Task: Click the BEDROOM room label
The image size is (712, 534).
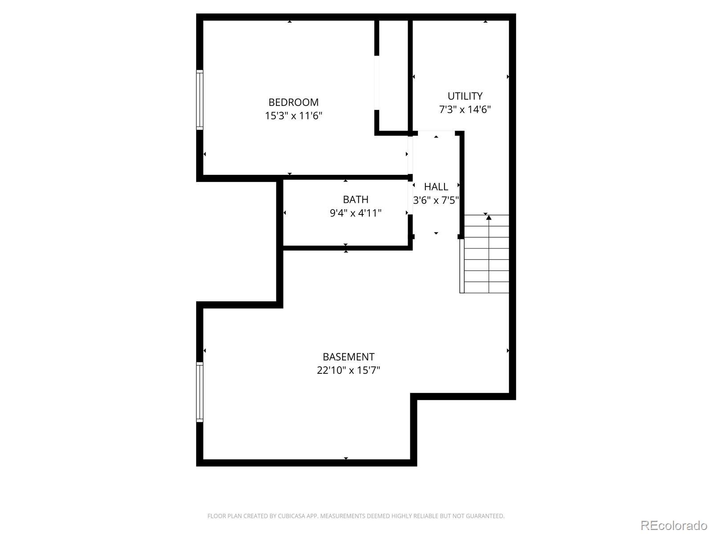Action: tap(293, 102)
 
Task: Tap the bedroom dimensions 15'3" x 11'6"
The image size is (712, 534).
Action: tap(293, 116)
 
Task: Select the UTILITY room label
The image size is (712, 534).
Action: tap(465, 96)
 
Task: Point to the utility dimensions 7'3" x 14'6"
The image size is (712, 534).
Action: tap(465, 109)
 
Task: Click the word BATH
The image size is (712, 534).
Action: tap(356, 199)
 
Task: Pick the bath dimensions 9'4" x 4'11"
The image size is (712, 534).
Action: tap(356, 213)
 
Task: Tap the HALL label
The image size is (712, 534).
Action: tap(436, 187)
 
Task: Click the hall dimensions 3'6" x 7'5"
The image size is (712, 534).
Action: tap(436, 200)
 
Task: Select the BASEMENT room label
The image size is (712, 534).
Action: tap(348, 357)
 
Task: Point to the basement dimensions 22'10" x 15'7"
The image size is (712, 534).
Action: tap(348, 370)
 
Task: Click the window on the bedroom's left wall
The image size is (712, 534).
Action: tap(200, 100)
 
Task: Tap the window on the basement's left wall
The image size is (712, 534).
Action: tap(200, 392)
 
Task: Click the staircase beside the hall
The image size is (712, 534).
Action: tap(486, 254)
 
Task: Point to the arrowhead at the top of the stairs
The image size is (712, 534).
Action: tap(489, 218)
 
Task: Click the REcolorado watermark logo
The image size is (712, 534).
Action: tap(674, 525)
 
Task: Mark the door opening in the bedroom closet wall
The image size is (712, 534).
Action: tap(376, 83)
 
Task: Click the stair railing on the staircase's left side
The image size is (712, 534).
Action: tap(462, 266)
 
